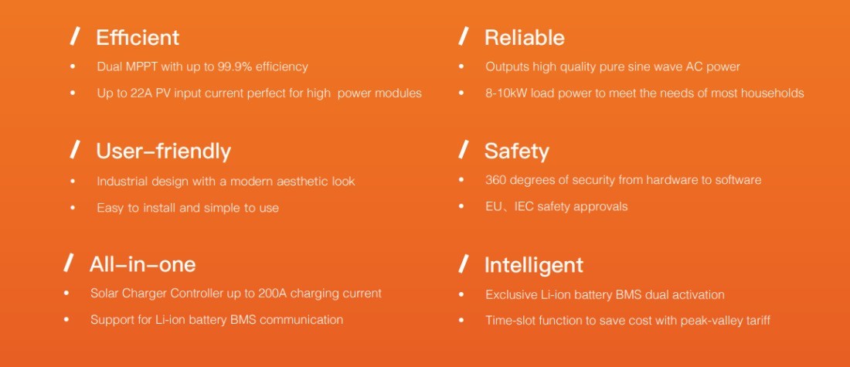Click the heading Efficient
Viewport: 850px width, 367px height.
click(x=137, y=37)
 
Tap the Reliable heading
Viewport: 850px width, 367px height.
click(x=524, y=37)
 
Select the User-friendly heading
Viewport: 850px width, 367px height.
click(x=163, y=151)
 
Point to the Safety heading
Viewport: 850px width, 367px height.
click(x=517, y=151)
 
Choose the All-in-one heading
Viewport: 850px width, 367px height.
click(x=143, y=264)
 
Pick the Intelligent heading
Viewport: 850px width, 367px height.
click(x=533, y=265)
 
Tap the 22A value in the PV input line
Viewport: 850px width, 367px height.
click(x=142, y=93)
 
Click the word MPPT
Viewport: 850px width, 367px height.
click(x=141, y=66)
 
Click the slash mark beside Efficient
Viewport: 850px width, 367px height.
click(x=76, y=37)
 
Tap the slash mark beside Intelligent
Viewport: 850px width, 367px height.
click(x=464, y=264)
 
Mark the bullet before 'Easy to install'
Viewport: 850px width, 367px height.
click(x=73, y=207)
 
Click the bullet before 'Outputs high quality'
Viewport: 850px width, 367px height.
click(x=461, y=66)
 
